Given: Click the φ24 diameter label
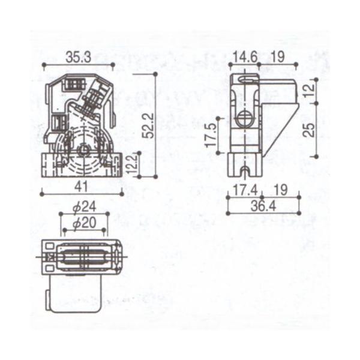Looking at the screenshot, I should tap(85, 207).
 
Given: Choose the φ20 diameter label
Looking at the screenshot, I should tap(84, 222).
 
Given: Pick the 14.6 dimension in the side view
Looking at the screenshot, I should tap(245, 57).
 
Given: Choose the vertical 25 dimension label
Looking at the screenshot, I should tap(308, 129).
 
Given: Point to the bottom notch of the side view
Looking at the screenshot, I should tap(244, 173).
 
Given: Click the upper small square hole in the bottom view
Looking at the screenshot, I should tap(49, 247).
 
